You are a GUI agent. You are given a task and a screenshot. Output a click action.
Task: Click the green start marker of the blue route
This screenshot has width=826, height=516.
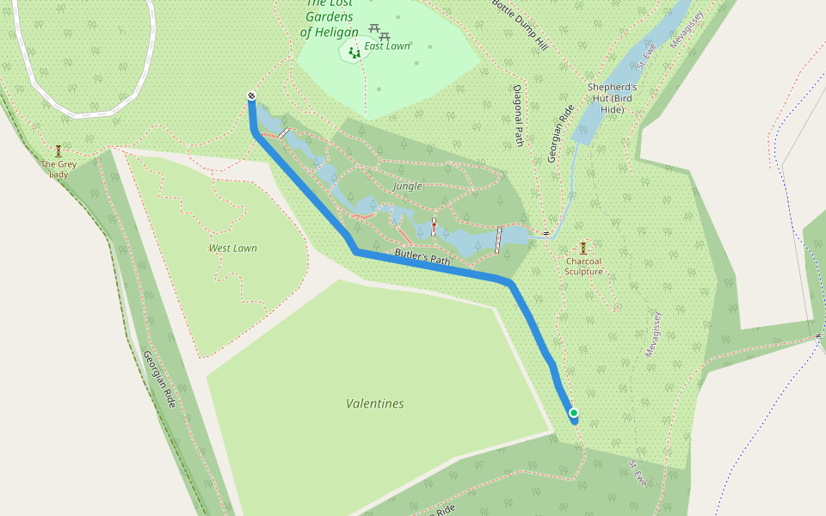coord(573,414)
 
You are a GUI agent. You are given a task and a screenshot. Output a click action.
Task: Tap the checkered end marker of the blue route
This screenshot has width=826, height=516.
coord(251,96)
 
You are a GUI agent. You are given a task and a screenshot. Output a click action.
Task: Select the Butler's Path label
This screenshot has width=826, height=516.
coord(422,256)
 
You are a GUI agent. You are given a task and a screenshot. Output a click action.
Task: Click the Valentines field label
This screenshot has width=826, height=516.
coord(374,403)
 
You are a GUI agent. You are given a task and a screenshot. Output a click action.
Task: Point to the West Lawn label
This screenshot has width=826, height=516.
coord(232,249)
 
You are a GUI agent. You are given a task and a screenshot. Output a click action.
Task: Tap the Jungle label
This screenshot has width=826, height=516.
coord(407,186)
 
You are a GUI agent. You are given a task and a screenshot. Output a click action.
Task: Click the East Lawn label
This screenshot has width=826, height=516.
coord(387,46)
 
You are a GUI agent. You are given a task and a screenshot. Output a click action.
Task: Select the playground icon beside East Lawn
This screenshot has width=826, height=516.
coord(354,52)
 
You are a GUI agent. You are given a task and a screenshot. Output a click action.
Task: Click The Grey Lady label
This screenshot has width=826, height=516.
coord(59,169)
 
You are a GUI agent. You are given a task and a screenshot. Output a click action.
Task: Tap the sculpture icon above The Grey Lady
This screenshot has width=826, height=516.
coord(59,150)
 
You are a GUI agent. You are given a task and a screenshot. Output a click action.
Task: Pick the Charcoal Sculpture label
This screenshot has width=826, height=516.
coord(583,266)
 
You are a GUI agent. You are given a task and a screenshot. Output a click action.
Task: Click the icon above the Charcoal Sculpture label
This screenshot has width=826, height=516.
coord(583,248)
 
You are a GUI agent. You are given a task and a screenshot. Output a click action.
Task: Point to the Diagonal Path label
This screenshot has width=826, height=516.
coord(518,116)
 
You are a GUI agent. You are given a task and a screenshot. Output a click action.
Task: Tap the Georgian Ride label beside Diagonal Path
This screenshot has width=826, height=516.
coord(560,133)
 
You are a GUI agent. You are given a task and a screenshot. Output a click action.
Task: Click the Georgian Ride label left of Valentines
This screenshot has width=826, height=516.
coord(159,378)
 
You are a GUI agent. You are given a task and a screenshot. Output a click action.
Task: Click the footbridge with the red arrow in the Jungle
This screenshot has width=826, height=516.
coord(434,226)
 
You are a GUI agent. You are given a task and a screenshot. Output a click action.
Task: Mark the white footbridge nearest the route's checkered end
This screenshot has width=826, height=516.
coord(282,133)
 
